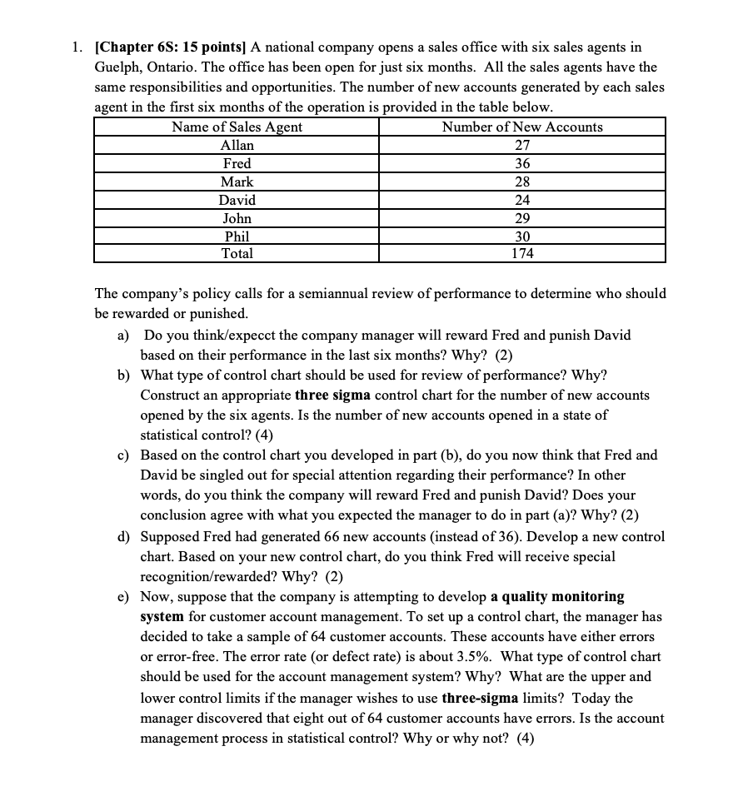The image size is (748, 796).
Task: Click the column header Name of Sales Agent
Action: [237, 127]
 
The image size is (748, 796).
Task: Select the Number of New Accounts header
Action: [522, 127]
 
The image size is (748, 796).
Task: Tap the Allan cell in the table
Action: [237, 145]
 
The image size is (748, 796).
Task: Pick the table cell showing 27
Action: [522, 145]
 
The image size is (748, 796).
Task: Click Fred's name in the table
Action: [237, 163]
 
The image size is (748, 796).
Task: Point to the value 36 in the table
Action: [522, 163]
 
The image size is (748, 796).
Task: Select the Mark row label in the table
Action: [237, 182]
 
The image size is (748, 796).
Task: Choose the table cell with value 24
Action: [522, 200]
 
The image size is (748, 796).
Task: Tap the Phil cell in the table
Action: [237, 236]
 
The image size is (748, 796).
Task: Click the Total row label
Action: [237, 253]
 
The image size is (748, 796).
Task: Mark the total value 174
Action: [522, 253]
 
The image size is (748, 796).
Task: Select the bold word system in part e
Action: [163, 617]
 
